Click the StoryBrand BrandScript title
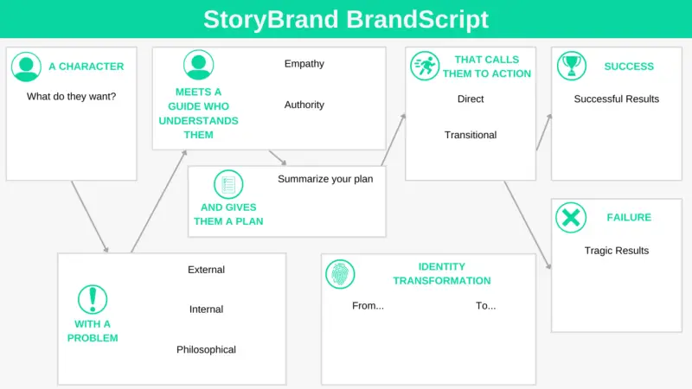[x=345, y=19]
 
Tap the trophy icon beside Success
[x=572, y=67]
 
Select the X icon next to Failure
[x=571, y=218]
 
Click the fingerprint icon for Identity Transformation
[x=340, y=274]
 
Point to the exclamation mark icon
[x=93, y=299]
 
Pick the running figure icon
[x=425, y=67]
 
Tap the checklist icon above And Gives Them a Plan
[x=228, y=184]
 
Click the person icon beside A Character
[x=26, y=67]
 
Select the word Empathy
[x=304, y=63]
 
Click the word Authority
[x=304, y=105]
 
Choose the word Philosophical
[x=206, y=349]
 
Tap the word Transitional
[x=471, y=135]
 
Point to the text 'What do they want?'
[x=71, y=97]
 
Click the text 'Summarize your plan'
[x=325, y=179]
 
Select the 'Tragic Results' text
[x=617, y=251]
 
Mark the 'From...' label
[x=368, y=306]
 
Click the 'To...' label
[x=485, y=306]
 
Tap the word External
[x=206, y=270]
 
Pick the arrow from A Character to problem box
[x=90, y=217]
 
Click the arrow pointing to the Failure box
[x=528, y=225]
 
